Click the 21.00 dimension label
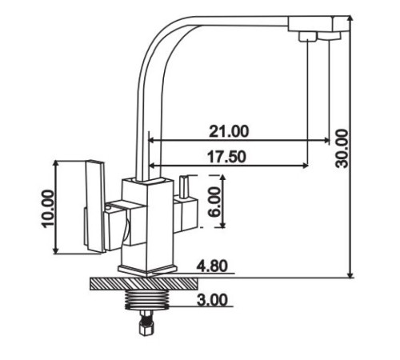(x=229, y=131)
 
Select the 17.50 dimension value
(x=226, y=157)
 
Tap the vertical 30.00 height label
(x=342, y=148)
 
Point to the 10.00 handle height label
(x=48, y=209)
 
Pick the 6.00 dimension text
(x=214, y=202)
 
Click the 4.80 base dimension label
(x=212, y=266)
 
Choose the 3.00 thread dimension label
(x=212, y=300)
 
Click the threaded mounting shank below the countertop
(x=147, y=300)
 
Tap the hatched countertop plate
(x=144, y=284)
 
